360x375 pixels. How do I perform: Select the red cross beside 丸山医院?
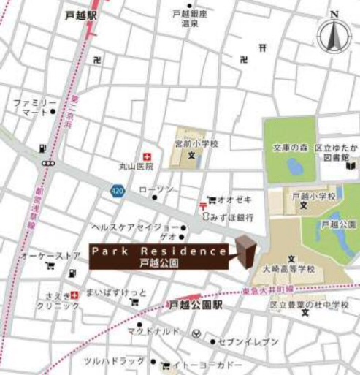147,156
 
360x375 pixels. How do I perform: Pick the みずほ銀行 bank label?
233,217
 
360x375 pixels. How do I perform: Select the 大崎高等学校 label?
291,269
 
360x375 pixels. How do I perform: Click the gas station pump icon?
43,149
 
